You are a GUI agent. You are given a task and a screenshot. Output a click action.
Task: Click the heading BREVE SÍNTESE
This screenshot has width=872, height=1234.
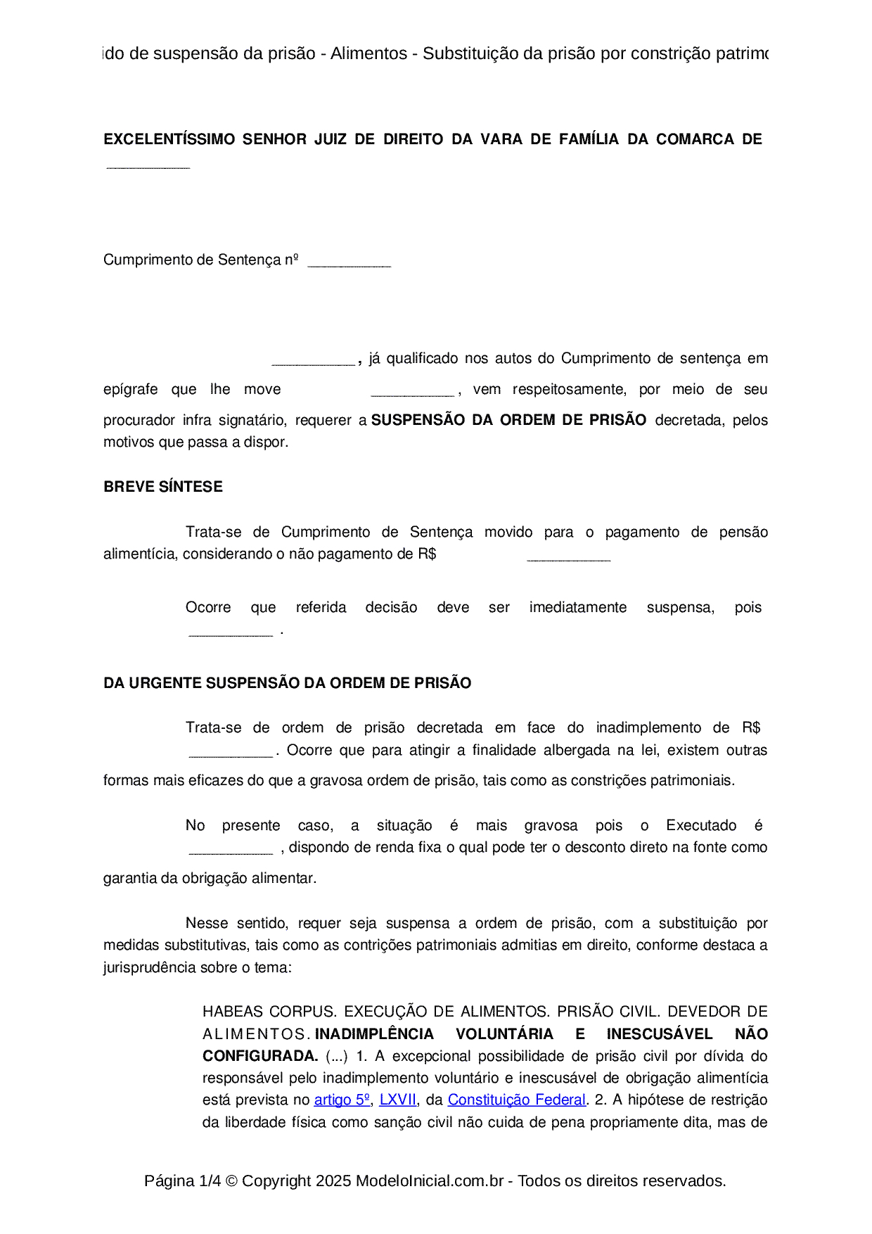click(162, 487)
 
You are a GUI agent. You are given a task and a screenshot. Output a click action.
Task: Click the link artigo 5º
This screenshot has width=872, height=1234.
click(342, 1100)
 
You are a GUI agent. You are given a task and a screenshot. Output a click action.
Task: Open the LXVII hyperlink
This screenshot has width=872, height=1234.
click(398, 1100)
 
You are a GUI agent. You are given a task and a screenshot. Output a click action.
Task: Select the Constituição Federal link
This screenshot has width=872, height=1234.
click(516, 1100)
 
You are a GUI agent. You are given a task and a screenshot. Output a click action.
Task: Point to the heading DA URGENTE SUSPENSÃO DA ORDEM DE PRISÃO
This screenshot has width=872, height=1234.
click(287, 683)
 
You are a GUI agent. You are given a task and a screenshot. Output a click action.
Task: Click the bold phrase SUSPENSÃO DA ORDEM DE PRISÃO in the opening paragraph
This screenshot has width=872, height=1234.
click(508, 420)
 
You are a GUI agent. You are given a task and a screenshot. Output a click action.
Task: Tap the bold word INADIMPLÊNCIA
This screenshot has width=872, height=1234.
click(374, 1034)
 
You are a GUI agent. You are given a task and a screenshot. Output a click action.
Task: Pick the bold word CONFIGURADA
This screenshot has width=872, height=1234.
click(260, 1056)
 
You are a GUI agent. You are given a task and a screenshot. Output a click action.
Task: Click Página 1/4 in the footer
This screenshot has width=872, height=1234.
click(182, 1181)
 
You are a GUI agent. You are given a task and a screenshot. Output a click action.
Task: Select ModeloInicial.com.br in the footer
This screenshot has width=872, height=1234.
click(429, 1181)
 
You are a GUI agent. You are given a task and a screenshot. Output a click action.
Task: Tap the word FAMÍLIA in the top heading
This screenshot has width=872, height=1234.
click(589, 139)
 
